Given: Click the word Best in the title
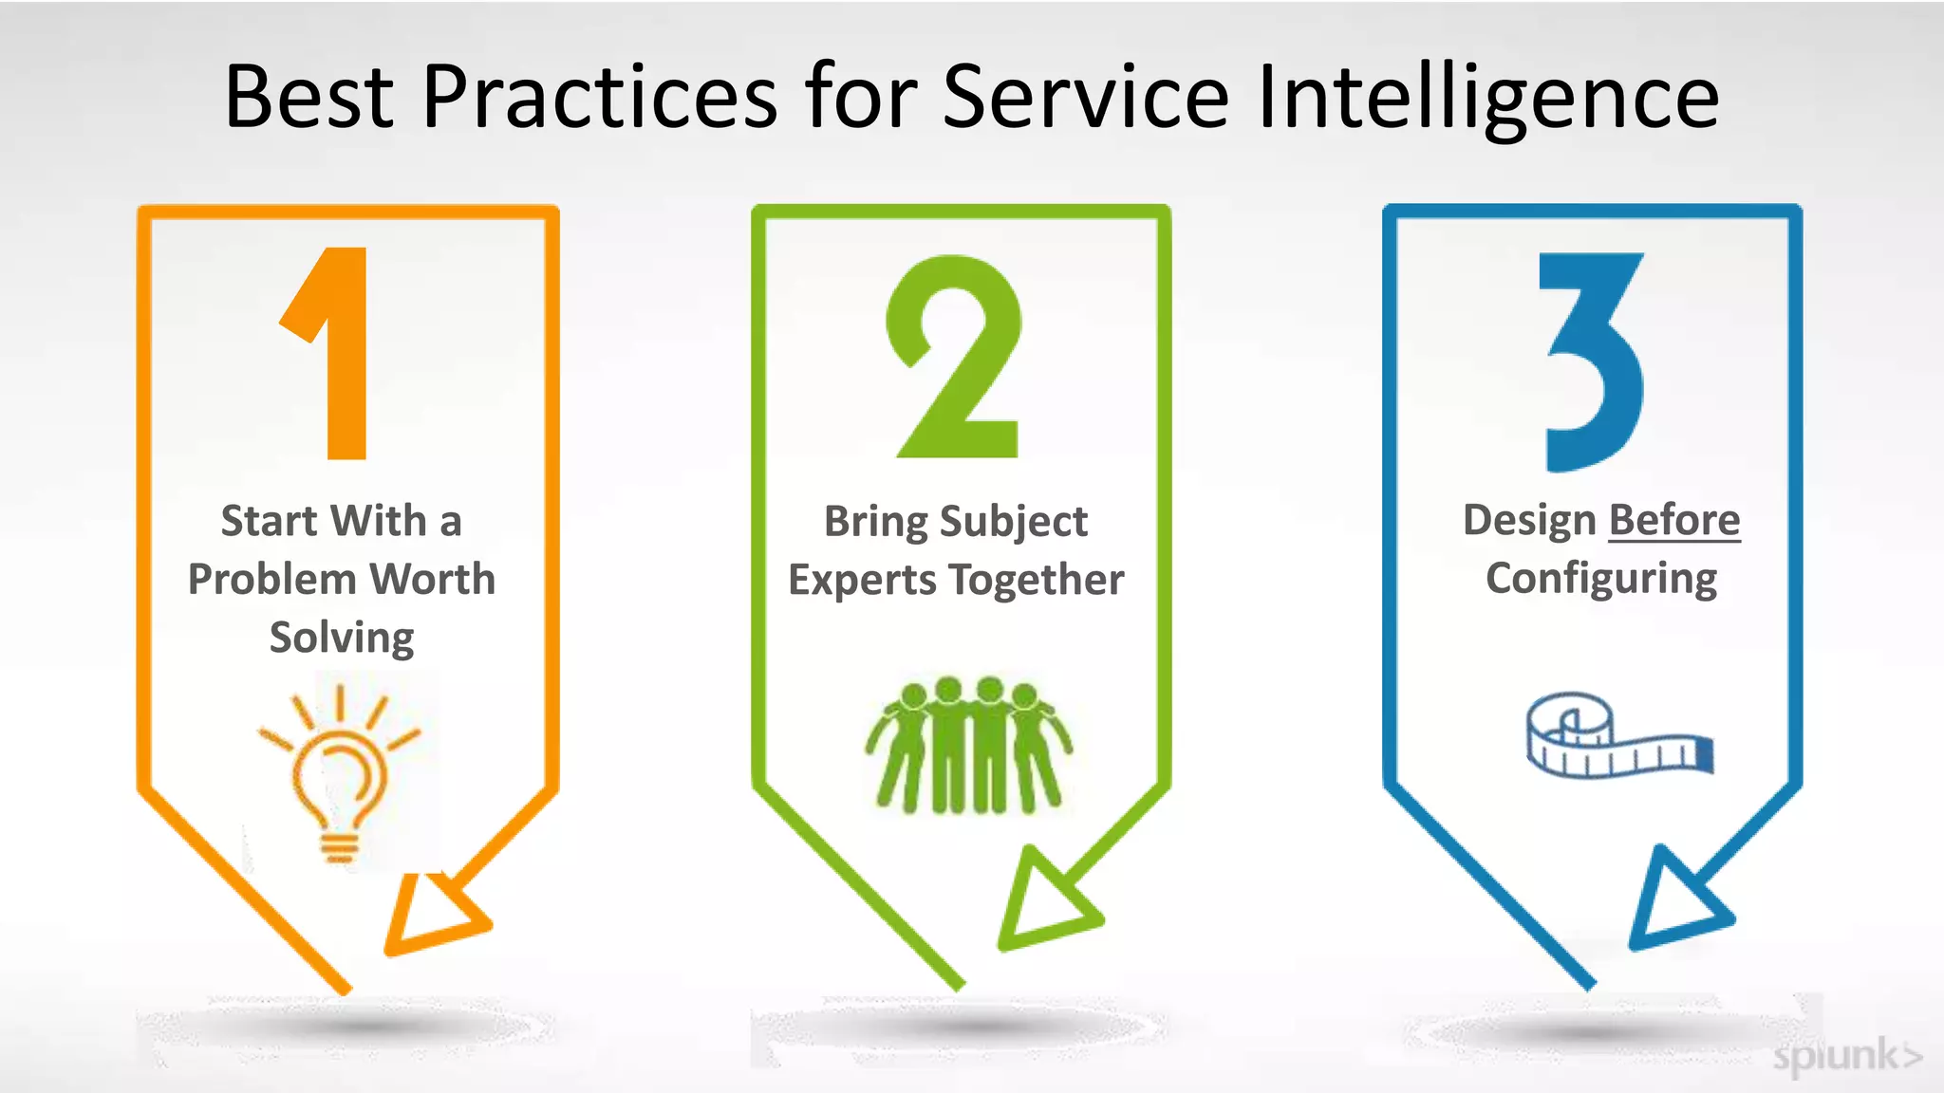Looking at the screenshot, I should click(x=308, y=97).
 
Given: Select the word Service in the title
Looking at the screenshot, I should click(x=1086, y=97).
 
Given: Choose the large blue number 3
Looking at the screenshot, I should click(x=1593, y=361).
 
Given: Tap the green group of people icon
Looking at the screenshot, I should click(x=968, y=746).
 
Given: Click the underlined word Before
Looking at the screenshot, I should click(x=1674, y=520).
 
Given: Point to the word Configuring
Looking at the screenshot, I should click(x=1601, y=579).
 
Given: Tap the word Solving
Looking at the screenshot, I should click(x=342, y=638).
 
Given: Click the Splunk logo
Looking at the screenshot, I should click(x=1846, y=1055).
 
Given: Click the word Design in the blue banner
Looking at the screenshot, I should click(x=1529, y=520).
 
